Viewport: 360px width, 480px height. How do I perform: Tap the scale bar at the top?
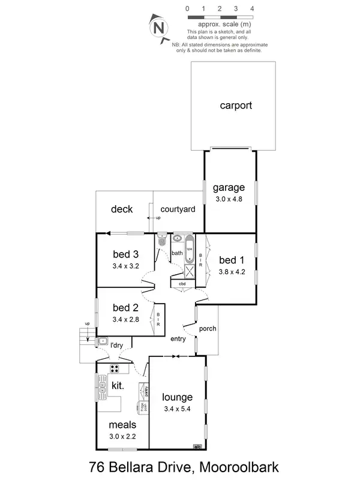click(x=220, y=18)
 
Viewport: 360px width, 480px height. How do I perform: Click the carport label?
click(x=235, y=106)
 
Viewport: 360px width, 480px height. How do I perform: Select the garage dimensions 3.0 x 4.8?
click(x=228, y=199)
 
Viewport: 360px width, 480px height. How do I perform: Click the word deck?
click(x=122, y=209)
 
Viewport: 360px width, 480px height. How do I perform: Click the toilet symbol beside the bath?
click(x=161, y=241)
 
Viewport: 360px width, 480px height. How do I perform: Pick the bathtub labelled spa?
click(x=188, y=253)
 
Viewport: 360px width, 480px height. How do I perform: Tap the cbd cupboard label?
click(x=182, y=284)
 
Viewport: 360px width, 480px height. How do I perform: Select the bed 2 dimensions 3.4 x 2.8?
click(x=125, y=319)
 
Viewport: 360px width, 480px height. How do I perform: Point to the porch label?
click(x=207, y=329)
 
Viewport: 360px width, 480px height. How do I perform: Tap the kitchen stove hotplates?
click(x=113, y=368)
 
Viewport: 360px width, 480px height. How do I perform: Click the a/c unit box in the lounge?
click(x=196, y=446)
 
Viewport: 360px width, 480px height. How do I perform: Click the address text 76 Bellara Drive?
click(x=140, y=467)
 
